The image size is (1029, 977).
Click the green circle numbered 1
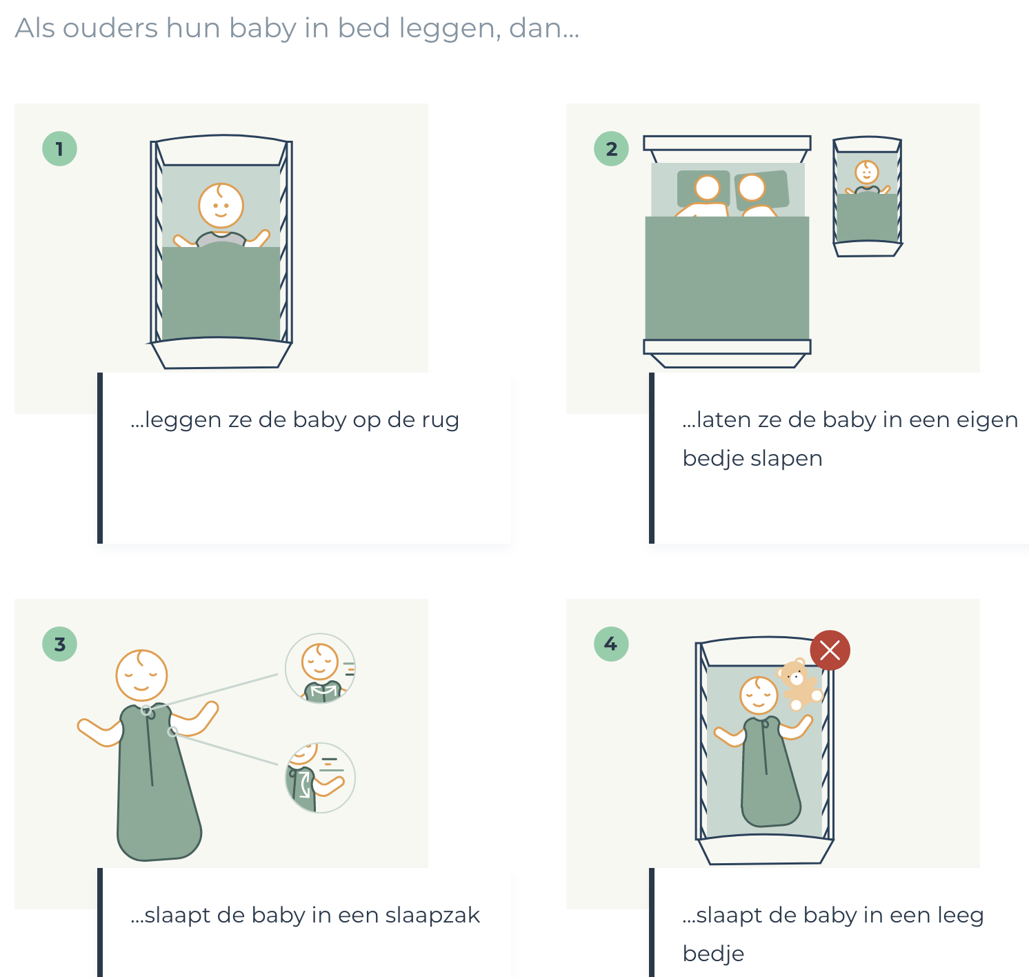tap(59, 149)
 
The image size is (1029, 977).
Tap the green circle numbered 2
tap(611, 149)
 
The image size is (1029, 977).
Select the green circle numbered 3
tap(59, 644)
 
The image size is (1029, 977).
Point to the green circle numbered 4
tap(611, 644)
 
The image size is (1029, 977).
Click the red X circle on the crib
tap(830, 650)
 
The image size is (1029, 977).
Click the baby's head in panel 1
tap(221, 206)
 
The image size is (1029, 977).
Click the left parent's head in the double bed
tap(707, 188)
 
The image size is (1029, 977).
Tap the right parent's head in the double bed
tap(752, 188)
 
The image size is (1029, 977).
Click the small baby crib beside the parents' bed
tap(867, 197)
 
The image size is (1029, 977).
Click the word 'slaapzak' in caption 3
tap(432, 915)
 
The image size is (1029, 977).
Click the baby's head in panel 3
tap(141, 675)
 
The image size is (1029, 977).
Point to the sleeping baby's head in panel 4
tap(759, 695)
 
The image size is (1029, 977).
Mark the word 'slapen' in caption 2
tap(786, 460)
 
